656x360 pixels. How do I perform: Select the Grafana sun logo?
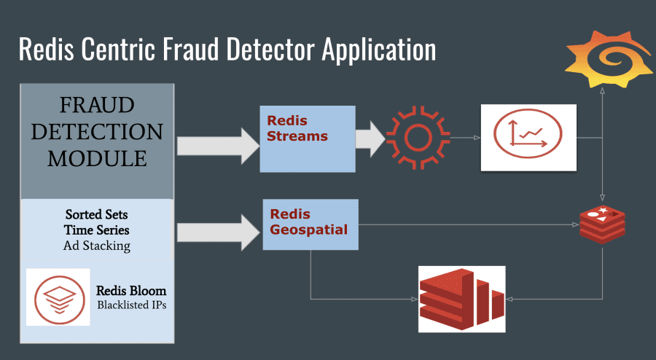click(x=609, y=59)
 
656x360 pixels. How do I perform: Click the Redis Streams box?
click(x=308, y=138)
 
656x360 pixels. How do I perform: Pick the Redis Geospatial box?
click(x=311, y=224)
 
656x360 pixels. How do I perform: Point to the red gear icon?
click(x=418, y=138)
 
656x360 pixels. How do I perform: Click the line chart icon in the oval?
click(x=528, y=134)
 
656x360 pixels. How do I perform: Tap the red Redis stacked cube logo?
click(x=602, y=224)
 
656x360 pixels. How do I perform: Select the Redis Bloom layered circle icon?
click(x=58, y=297)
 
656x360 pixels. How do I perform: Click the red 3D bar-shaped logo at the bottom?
click(x=461, y=299)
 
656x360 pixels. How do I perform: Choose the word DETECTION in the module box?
click(x=97, y=132)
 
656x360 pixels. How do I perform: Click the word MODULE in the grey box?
click(x=97, y=159)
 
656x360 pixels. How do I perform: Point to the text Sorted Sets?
click(x=97, y=214)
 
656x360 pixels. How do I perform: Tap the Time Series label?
click(x=97, y=230)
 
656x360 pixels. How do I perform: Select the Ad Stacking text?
click(x=97, y=246)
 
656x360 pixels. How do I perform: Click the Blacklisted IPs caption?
click(x=132, y=305)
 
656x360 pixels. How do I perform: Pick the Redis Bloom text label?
click(x=131, y=291)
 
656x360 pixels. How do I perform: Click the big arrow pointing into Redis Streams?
click(x=218, y=146)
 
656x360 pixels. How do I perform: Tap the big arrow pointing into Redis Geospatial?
click(x=218, y=232)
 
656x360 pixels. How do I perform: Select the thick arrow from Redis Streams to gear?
click(x=370, y=138)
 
